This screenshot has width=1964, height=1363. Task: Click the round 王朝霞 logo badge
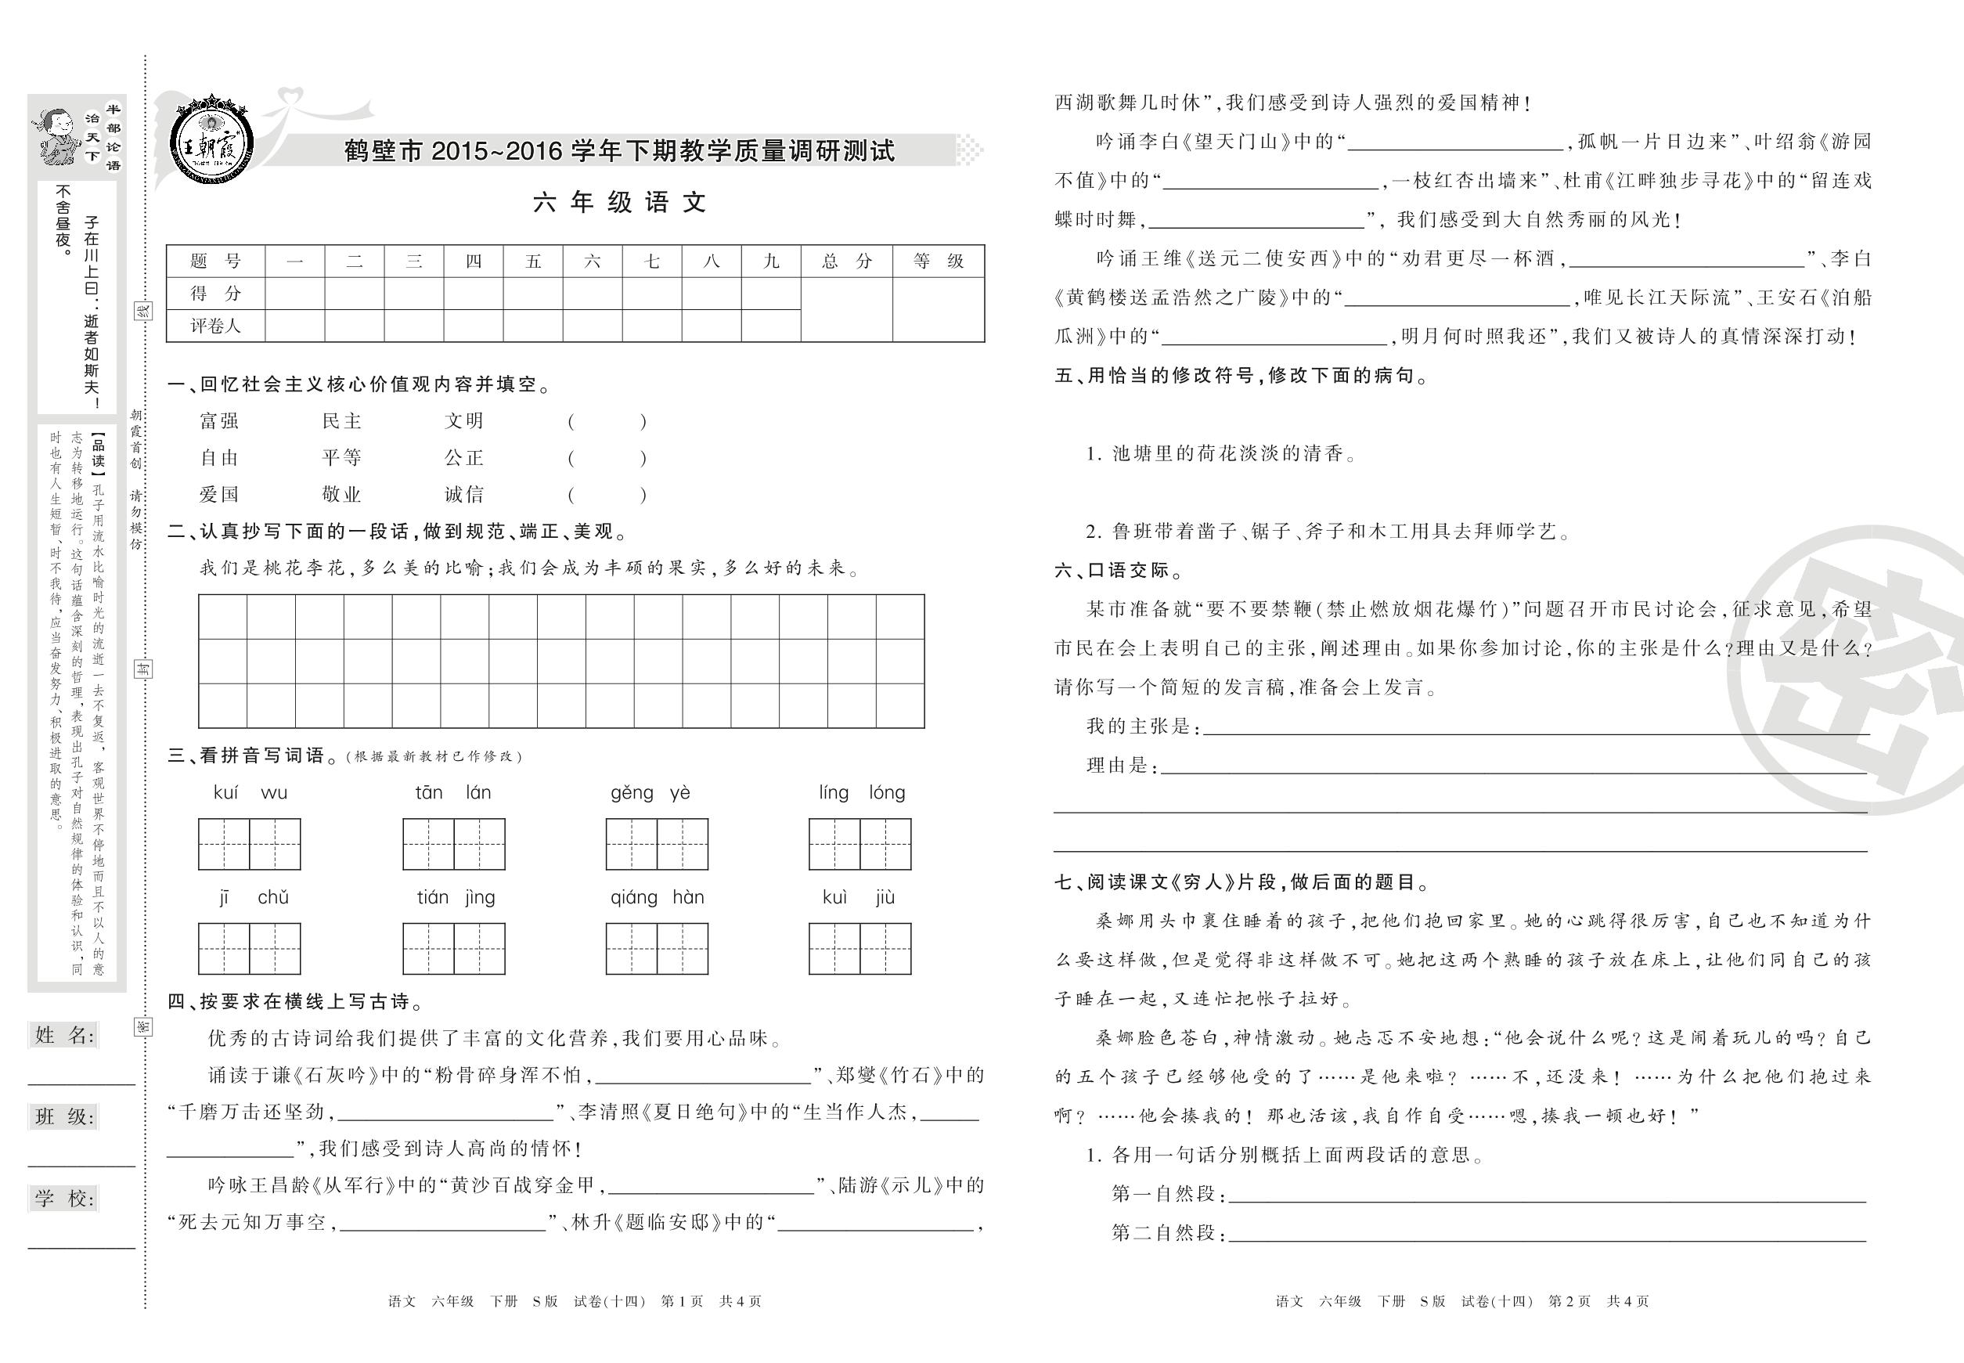coord(210,139)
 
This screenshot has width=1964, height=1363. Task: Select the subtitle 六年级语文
coord(620,203)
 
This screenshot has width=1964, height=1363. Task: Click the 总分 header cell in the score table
coord(846,261)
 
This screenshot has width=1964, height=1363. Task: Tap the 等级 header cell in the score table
coord(938,261)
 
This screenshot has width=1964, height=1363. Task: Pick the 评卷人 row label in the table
coord(215,326)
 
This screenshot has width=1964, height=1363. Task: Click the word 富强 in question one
coord(219,421)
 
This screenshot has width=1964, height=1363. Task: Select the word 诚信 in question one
coord(463,495)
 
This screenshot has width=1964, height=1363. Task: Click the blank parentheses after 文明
coord(607,421)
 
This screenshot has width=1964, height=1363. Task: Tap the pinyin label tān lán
coord(452,793)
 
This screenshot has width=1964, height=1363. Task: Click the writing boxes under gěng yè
coord(657,844)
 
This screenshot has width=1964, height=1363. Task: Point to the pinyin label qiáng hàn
coord(657,897)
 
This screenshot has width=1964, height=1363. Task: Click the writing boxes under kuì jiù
coord(860,949)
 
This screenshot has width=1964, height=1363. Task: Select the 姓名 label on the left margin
coord(65,1036)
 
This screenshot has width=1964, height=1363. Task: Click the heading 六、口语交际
coord(1119,571)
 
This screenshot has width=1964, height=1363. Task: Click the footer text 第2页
coord(1569,1301)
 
